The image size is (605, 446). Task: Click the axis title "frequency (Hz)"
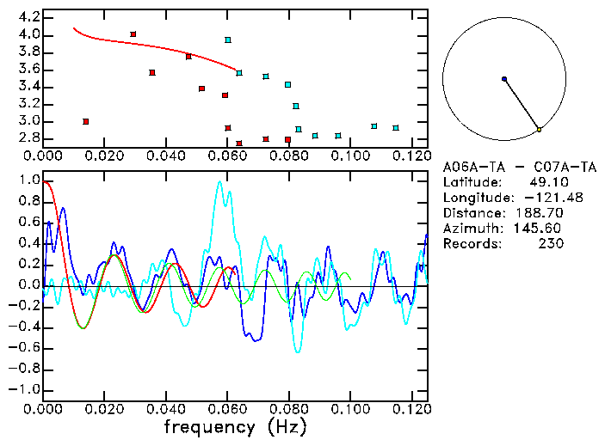click(235, 427)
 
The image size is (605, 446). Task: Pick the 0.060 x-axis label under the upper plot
click(227, 156)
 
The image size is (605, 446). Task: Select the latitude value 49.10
click(546, 182)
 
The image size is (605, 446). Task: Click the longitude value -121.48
click(539, 198)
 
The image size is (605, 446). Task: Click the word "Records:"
click(470, 244)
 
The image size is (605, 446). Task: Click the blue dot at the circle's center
click(504, 79)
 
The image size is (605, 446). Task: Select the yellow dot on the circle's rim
click(539, 130)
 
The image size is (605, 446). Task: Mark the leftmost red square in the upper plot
click(86, 121)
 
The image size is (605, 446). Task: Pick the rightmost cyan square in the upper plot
click(396, 128)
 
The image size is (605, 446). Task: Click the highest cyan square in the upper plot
click(228, 40)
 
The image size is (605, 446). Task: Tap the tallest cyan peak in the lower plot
click(219, 181)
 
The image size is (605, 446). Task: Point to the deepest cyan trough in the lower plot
click(298, 352)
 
